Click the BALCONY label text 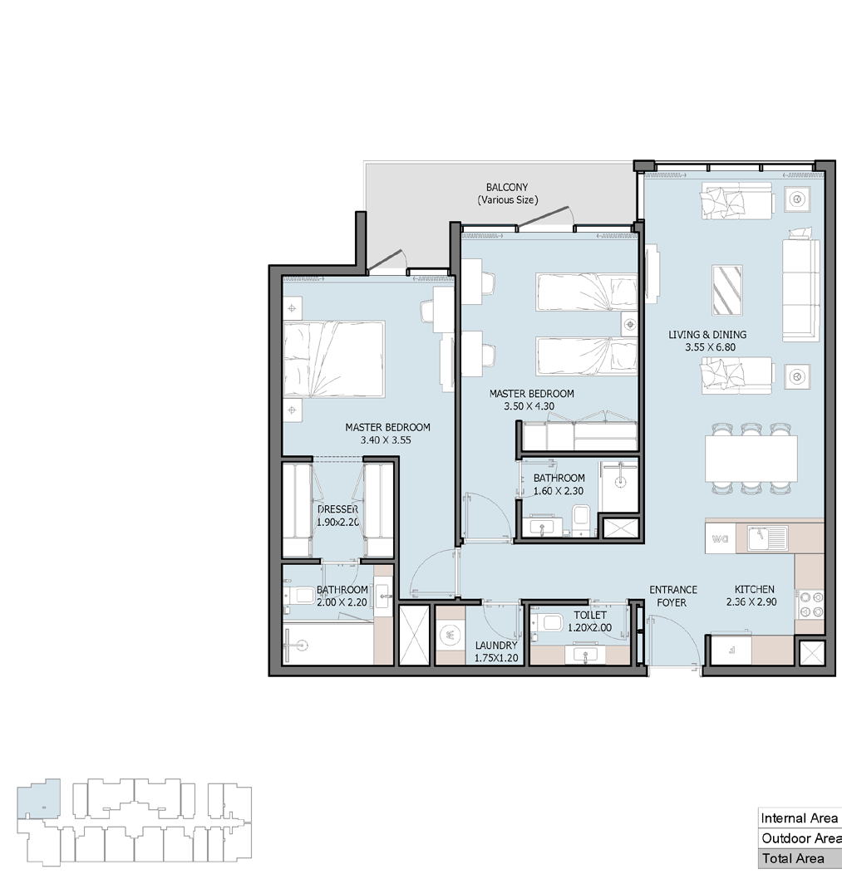(507, 188)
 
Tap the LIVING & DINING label (707, 335)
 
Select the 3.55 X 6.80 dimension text (710, 347)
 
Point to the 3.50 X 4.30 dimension (529, 406)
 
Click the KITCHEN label (754, 589)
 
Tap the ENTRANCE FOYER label (673, 596)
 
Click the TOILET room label (590, 615)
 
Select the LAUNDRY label (495, 645)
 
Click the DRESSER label (338, 509)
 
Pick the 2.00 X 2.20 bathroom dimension (342, 602)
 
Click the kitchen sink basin (768, 538)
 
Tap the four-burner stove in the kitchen (810, 605)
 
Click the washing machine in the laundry (450, 636)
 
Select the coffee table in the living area (727, 290)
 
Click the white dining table (751, 458)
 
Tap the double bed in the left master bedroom (334, 359)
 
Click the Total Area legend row (800, 859)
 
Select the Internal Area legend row (800, 818)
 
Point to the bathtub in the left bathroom (328, 644)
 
